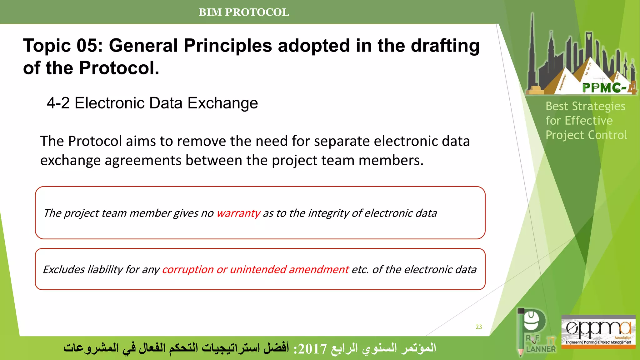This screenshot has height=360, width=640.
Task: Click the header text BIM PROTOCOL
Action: pyautogui.click(x=244, y=12)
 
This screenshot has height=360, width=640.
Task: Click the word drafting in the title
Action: pyautogui.click(x=445, y=46)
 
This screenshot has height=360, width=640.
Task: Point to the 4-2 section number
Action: pyautogui.click(x=58, y=103)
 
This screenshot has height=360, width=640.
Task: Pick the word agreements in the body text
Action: pyautogui.click(x=142, y=160)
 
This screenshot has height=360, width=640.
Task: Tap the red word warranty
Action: pyautogui.click(x=238, y=213)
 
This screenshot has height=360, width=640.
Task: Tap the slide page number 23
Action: pyautogui.click(x=479, y=327)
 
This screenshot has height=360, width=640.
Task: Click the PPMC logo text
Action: pyautogui.click(x=605, y=88)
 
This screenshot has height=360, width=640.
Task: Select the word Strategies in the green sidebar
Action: pyautogui.click(x=598, y=106)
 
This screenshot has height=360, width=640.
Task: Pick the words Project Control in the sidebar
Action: pyautogui.click(x=586, y=135)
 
